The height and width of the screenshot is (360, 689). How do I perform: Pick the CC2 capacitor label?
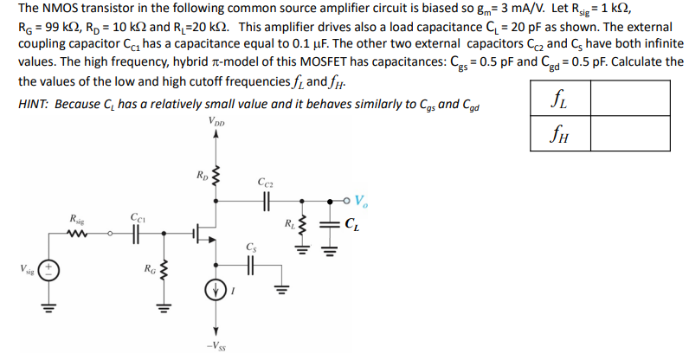(266, 183)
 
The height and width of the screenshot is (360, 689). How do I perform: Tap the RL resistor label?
(289, 228)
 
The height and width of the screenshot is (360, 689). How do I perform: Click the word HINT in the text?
(34, 105)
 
